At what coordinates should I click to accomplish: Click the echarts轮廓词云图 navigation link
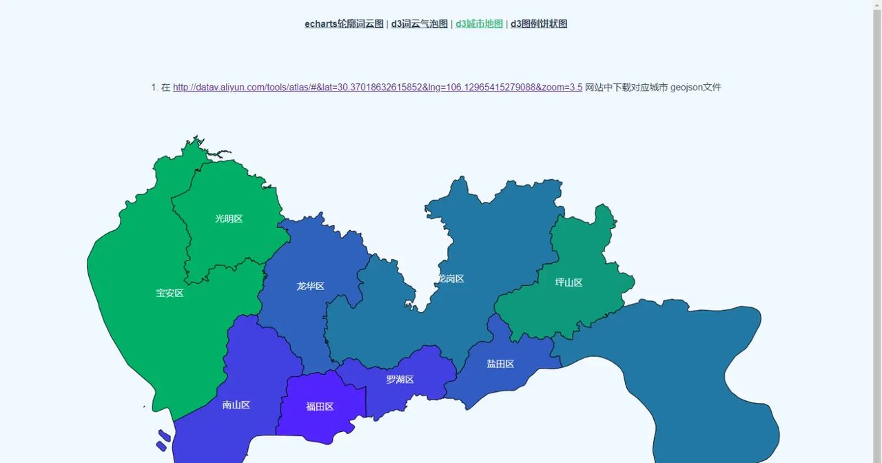tap(344, 24)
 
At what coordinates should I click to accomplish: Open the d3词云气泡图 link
tap(419, 24)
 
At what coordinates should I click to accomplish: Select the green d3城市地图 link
tap(479, 24)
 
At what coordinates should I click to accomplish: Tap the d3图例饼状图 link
tap(539, 24)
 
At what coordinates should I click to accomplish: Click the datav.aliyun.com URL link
tap(377, 88)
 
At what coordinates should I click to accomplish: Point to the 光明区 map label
tap(229, 219)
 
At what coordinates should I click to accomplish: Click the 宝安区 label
tap(170, 294)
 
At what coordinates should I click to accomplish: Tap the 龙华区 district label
tap(310, 287)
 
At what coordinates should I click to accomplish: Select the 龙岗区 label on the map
tap(451, 279)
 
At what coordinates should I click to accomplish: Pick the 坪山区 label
tap(568, 282)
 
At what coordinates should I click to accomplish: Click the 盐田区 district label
tap(500, 364)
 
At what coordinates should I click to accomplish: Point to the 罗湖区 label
tap(400, 380)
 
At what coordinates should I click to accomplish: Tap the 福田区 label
tap(320, 407)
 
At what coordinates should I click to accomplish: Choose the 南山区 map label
tap(236, 405)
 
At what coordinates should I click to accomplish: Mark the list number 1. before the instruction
tap(154, 88)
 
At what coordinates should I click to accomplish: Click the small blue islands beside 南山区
tap(163, 440)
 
